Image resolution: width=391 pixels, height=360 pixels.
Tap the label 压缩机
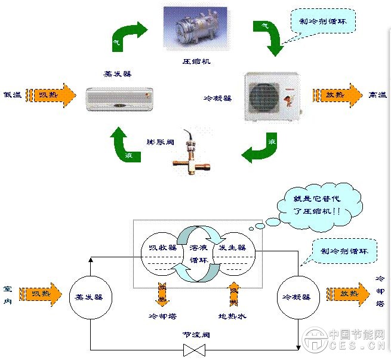coord(196,61)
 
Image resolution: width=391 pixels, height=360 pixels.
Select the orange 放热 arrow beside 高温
coord(337,94)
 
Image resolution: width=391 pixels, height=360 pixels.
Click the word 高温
coord(377,94)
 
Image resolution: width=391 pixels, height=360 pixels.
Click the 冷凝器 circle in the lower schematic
coord(298,296)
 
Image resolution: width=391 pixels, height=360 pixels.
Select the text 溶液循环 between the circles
coord(197,254)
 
